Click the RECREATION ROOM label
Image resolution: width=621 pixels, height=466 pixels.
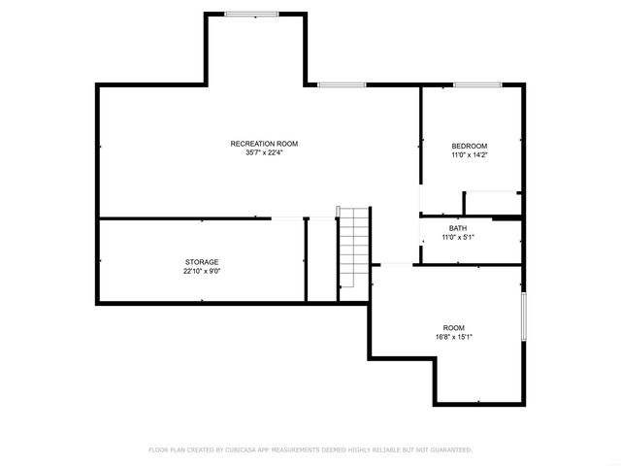tap(264, 144)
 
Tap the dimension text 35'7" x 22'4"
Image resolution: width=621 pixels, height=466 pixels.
tap(264, 153)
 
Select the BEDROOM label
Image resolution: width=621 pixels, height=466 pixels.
tap(469, 146)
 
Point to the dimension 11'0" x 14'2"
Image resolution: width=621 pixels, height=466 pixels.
tap(469, 155)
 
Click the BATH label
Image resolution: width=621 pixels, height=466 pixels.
tap(458, 228)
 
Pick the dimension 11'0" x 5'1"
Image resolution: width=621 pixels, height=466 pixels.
tap(458, 238)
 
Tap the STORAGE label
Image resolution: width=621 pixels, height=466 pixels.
tap(202, 262)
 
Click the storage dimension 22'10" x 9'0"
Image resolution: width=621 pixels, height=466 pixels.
tap(202, 272)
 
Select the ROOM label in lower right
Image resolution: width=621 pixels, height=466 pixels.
tap(453, 328)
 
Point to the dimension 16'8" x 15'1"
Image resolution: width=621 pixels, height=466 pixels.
tap(453, 338)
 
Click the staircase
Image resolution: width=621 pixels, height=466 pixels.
tap(354, 248)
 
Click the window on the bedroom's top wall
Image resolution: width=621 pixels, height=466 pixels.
tap(471, 86)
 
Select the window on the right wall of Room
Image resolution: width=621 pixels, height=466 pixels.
tap(524, 317)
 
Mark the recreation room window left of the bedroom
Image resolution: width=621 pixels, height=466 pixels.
tap(335, 85)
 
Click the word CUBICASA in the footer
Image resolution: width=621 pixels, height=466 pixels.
tap(250, 449)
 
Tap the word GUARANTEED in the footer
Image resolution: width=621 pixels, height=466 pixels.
tap(447, 449)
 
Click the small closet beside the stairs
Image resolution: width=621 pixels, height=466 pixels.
tap(321, 259)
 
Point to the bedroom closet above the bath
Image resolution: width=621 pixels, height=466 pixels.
tap(493, 203)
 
